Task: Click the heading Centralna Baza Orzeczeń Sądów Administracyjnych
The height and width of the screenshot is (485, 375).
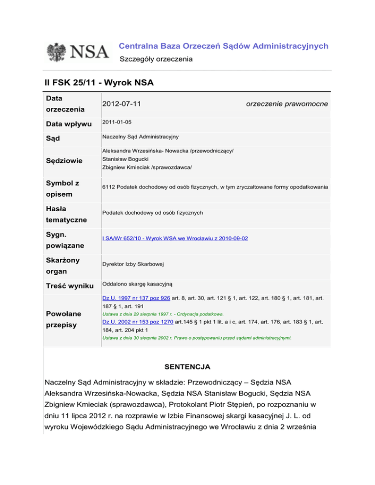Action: [x=224, y=46]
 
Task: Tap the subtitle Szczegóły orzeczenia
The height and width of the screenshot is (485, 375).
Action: [x=156, y=59]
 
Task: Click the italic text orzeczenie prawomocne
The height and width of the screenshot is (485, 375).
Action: [x=287, y=104]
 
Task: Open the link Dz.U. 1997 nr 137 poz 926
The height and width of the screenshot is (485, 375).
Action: [x=136, y=297]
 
